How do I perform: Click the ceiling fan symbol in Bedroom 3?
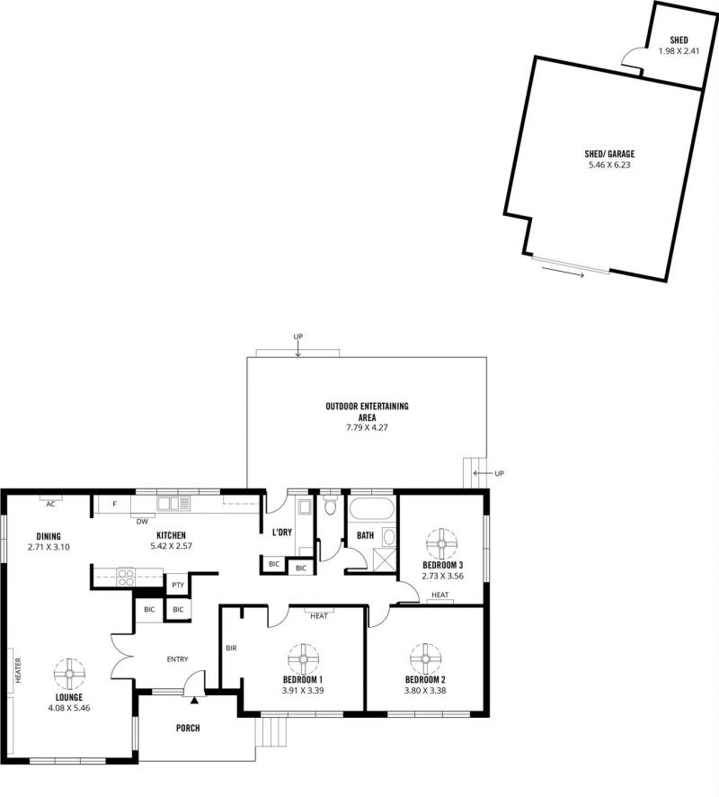tap(441, 542)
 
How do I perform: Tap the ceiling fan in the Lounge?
tap(69, 674)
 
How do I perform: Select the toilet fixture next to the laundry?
tap(330, 505)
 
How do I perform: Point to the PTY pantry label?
tap(178, 585)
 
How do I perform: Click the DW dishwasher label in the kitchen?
tap(142, 522)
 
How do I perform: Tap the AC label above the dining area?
tap(50, 505)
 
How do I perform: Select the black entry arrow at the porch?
tap(194, 701)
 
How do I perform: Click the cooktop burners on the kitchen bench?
tap(127, 578)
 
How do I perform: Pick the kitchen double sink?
tap(173, 503)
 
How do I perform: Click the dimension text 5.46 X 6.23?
tap(609, 165)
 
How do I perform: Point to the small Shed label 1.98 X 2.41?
tap(679, 51)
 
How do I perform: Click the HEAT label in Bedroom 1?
tap(319, 616)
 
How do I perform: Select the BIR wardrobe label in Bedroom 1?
tap(231, 648)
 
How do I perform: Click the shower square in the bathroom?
tap(384, 560)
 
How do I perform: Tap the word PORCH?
tap(188, 728)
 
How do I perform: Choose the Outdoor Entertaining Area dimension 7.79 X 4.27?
tap(367, 427)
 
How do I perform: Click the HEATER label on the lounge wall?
tap(18, 670)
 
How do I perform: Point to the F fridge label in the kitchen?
tap(115, 505)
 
